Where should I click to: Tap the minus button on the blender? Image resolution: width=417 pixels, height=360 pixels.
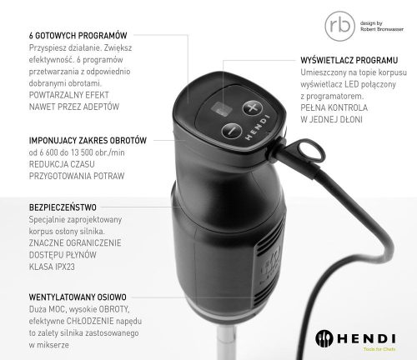point(231,130)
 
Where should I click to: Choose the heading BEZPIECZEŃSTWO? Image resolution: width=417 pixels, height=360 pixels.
point(63,205)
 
